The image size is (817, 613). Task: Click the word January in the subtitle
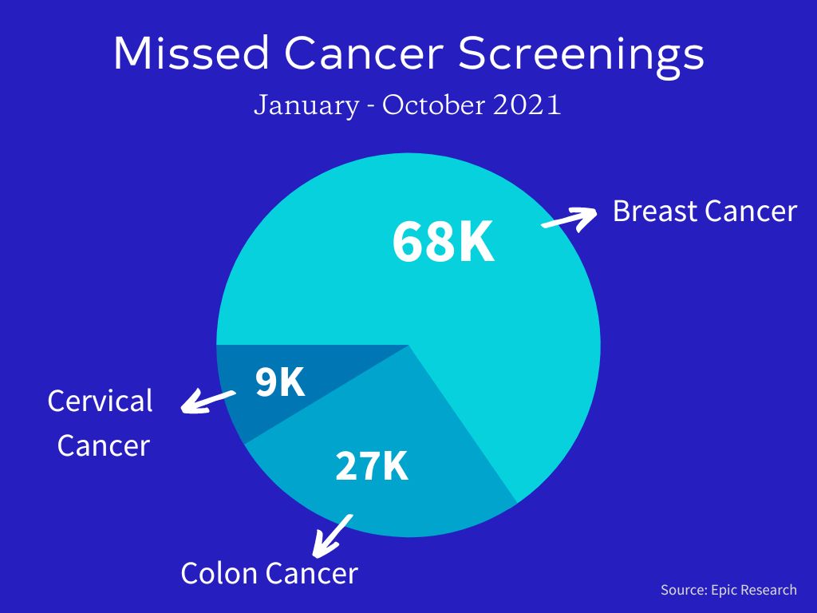(306, 106)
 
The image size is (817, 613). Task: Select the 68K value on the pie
(444, 243)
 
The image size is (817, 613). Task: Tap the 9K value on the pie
(280, 383)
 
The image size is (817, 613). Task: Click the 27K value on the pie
(372, 466)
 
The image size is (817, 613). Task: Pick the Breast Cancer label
(705, 212)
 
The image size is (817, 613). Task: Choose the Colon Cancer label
(269, 573)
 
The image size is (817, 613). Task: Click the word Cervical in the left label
(100, 401)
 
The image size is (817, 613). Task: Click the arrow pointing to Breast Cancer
(569, 218)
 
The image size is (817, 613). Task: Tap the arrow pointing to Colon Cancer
(332, 535)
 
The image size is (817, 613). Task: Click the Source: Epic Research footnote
(728, 590)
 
